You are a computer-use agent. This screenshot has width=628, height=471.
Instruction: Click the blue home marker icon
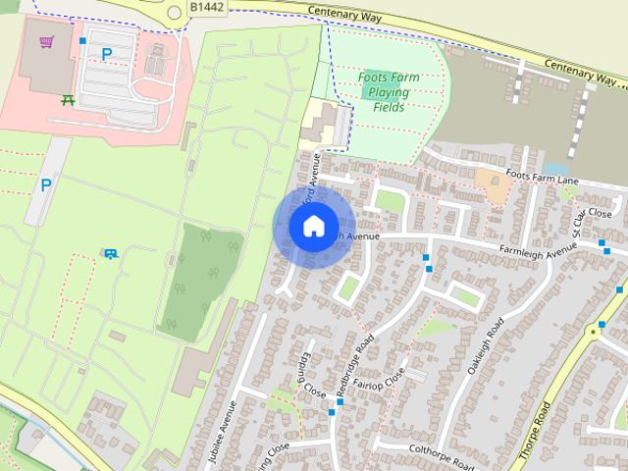coord(313,227)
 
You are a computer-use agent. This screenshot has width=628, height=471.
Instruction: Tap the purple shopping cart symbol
coord(46,42)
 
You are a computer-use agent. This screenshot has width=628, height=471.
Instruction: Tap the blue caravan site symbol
coord(110,254)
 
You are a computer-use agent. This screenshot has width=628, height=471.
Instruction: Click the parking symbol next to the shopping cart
coord(106,55)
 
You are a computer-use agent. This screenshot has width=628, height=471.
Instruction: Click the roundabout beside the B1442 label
coord(175,12)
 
